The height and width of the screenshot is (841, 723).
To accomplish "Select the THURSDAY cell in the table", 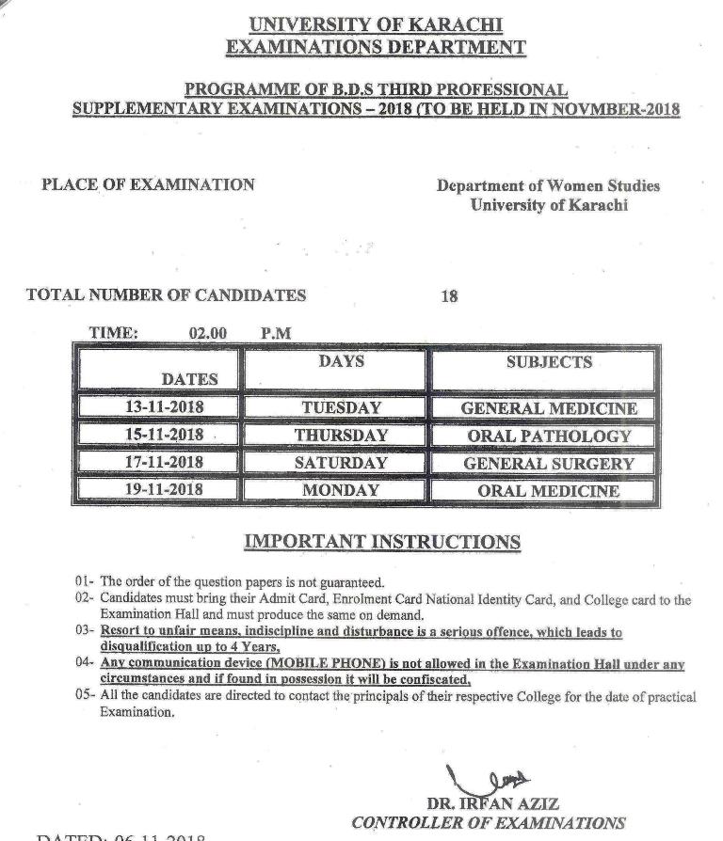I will (341, 436).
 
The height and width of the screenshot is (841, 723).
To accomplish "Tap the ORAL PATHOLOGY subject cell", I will (548, 436).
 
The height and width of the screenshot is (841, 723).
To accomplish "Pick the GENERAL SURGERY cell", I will (548, 464).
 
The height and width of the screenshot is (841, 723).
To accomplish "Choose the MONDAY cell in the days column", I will (341, 490).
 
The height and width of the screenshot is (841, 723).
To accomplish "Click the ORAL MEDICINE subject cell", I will (548, 491).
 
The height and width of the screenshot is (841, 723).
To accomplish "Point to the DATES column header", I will (189, 379).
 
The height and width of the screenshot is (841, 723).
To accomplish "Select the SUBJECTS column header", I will (549, 362).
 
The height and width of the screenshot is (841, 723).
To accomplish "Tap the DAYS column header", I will (341, 361).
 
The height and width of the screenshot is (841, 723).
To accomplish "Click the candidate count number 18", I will (449, 296).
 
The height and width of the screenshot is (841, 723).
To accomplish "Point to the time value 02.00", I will (207, 333).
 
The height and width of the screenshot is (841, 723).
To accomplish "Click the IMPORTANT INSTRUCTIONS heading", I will (381, 542).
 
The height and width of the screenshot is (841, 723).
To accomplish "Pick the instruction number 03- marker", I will (86, 632).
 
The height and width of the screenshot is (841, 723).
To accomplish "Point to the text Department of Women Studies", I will (548, 186).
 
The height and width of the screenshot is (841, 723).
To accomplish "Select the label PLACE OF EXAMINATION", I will (148, 184).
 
